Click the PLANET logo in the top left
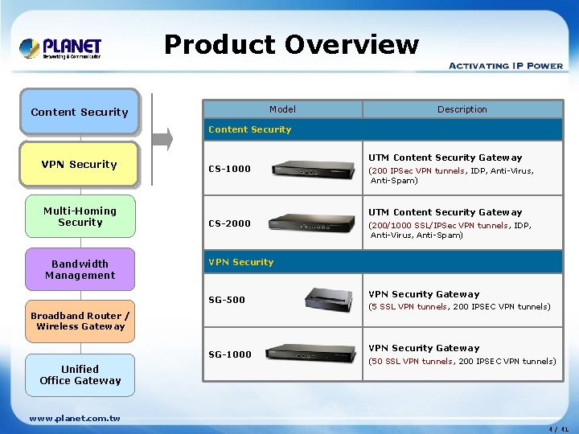(61, 48)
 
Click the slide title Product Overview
(291, 45)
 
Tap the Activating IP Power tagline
(505, 66)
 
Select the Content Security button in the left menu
(80, 112)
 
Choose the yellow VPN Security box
(80, 164)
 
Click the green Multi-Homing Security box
(80, 216)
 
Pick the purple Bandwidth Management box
(80, 269)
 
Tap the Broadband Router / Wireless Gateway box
(80, 321)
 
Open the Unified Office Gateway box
(80, 375)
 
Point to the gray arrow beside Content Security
(163, 138)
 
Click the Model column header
(282, 109)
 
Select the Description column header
(462, 109)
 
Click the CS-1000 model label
(229, 169)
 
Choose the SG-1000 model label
(230, 354)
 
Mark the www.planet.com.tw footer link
(74, 418)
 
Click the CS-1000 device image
(314, 168)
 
